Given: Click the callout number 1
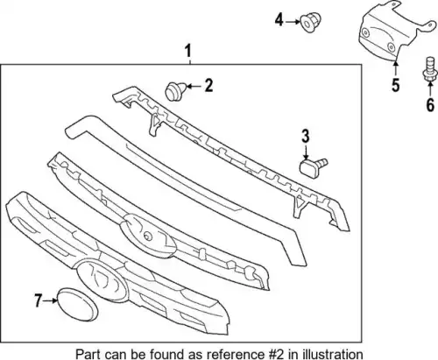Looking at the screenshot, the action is click(188, 51).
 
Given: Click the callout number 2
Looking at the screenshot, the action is click(208, 86).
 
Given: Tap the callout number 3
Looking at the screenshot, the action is click(306, 137).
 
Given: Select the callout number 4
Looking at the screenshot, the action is click(279, 20).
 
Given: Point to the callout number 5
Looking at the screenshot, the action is click(395, 85).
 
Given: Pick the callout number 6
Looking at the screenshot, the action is click(430, 105).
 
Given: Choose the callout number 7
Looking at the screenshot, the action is click(39, 300).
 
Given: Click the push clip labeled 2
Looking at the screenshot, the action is click(175, 91).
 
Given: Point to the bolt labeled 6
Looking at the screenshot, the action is click(429, 68).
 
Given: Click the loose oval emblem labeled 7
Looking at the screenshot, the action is click(77, 306).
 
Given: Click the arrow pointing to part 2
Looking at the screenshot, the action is click(194, 86).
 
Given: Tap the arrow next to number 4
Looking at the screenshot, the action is click(293, 21).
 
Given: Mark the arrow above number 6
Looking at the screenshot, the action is click(430, 89).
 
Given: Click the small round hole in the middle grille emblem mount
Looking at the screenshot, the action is click(148, 236).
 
